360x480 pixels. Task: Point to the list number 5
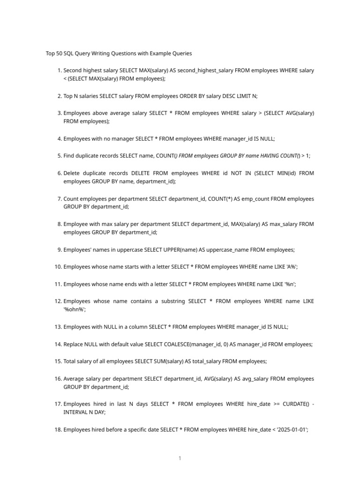click(60, 156)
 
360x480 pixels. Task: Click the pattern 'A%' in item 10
click(291, 267)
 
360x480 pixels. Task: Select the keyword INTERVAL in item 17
click(77, 412)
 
